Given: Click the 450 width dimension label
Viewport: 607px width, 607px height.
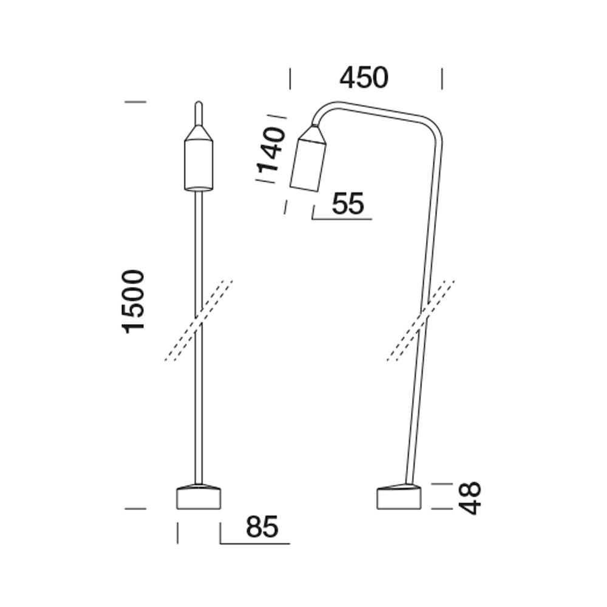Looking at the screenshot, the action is tap(364, 78).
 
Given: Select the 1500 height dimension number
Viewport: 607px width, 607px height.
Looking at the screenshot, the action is tap(133, 302).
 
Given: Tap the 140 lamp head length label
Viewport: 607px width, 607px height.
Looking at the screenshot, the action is tap(271, 149).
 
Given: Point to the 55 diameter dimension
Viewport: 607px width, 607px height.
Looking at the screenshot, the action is tap(348, 203).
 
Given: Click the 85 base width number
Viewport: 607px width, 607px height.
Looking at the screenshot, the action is tap(262, 527).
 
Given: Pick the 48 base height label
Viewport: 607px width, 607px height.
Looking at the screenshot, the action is tap(469, 498).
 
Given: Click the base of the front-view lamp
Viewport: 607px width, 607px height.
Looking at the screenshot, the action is tap(198, 497).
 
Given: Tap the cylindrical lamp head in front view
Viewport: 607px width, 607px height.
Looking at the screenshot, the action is tap(198, 165).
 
